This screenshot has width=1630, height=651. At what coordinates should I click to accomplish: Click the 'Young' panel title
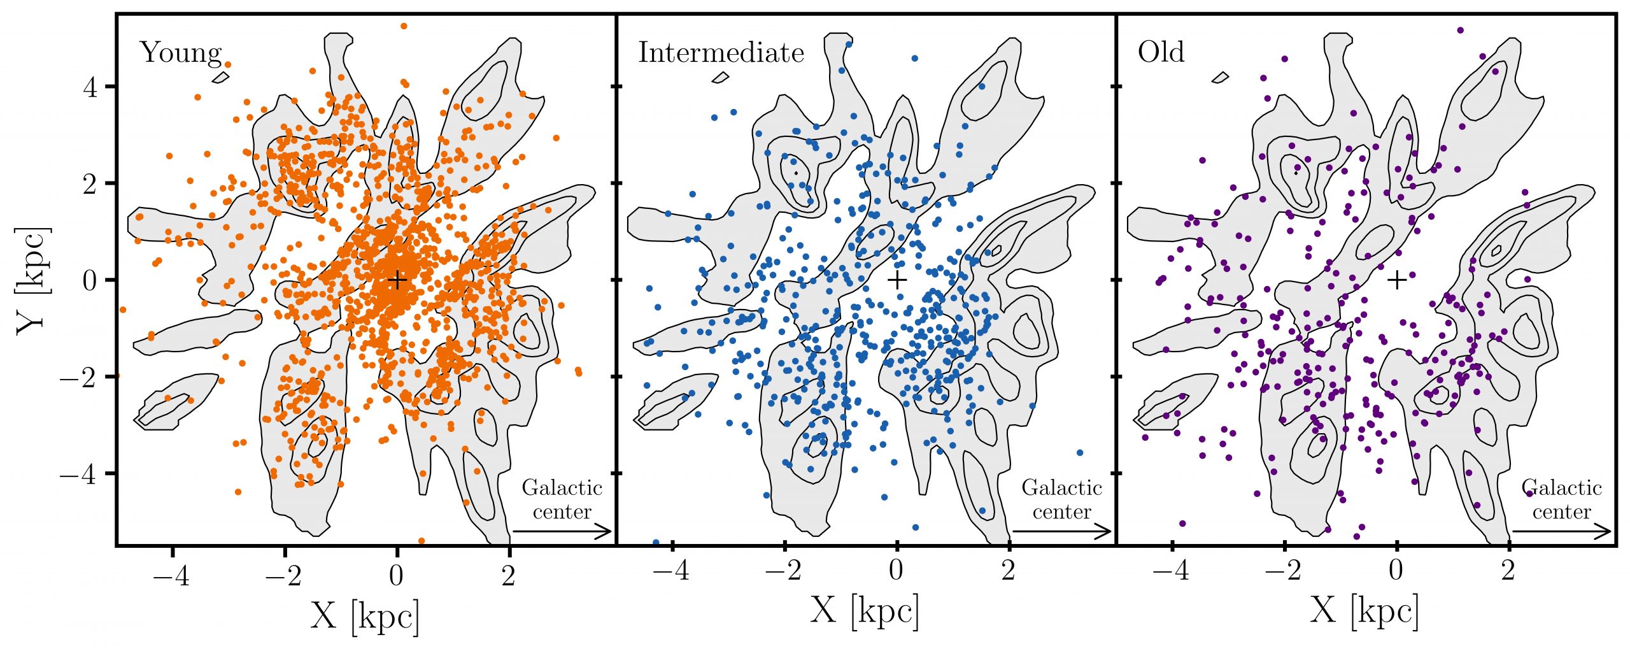tap(180, 53)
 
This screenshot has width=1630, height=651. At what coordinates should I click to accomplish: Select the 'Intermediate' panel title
tap(721, 53)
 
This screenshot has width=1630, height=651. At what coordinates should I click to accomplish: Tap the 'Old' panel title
tap(1161, 52)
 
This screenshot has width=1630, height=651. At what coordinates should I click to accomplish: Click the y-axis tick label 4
tap(90, 87)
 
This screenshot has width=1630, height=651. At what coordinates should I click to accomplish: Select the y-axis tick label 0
tap(90, 280)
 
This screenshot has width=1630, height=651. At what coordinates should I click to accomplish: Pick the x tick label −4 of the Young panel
tap(172, 575)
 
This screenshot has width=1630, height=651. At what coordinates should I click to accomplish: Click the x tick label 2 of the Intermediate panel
tap(1009, 571)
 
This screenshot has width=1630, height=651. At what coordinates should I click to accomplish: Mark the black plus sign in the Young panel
tap(397, 280)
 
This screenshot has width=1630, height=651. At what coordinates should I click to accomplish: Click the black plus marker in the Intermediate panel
tap(896, 280)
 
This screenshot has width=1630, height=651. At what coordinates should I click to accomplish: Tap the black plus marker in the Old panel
tap(1396, 280)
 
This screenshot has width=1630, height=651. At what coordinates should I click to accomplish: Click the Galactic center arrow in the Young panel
tap(562, 531)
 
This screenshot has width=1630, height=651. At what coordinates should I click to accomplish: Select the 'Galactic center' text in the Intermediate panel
tap(1061, 500)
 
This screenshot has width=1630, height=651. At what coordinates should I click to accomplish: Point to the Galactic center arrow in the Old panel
tap(1561, 531)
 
